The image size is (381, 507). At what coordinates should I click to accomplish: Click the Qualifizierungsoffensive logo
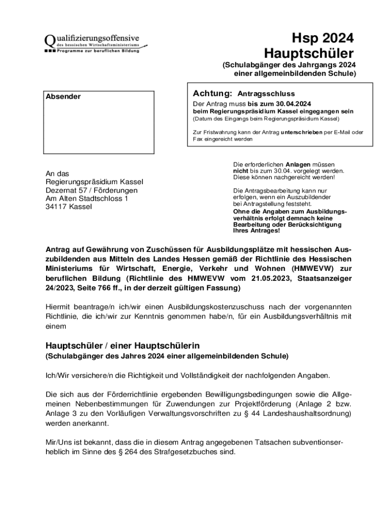click(92, 43)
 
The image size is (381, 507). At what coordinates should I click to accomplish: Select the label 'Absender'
click(63, 97)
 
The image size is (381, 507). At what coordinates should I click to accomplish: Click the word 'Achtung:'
click(212, 93)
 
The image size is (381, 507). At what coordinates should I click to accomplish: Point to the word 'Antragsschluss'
click(266, 94)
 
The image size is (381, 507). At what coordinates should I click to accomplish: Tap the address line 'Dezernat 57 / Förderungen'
click(92, 190)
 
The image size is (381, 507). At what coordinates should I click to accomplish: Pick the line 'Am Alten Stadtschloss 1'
click(87, 199)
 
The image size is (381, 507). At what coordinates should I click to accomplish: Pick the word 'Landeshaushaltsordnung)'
click(310, 413)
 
